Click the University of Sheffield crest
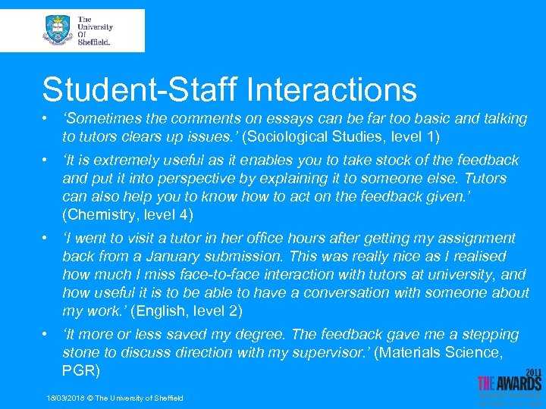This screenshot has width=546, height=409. tap(58, 30)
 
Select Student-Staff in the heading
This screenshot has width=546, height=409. tap(140, 89)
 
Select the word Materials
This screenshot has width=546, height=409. tap(415, 352)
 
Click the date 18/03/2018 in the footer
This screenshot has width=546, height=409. tap(66, 398)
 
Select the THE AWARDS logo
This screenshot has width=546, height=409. tap(510, 385)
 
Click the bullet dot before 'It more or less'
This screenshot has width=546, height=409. tap(46, 334)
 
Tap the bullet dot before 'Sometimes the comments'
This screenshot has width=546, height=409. tap(46, 119)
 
